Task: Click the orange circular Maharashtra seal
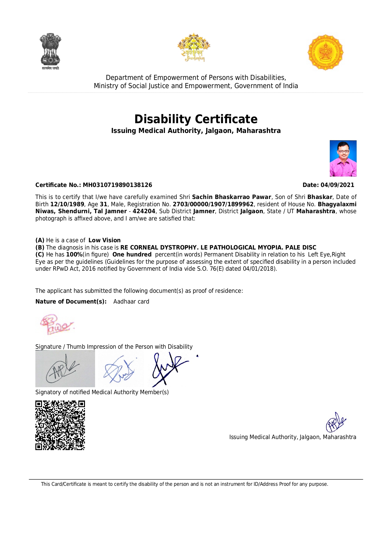point(325,52)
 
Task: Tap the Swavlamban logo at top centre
point(194,47)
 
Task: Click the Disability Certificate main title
point(196,119)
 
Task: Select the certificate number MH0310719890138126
point(117,185)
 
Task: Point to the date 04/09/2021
point(337,185)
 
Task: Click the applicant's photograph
point(343,158)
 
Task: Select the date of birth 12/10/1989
point(67,204)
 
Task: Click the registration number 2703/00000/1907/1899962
point(213,204)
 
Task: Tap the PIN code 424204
point(144,211)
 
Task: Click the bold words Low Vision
point(104,240)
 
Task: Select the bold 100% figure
point(74,255)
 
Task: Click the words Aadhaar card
point(131,302)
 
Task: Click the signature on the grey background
point(65,369)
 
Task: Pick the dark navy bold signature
point(169,369)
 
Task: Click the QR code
point(60,425)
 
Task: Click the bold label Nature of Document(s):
point(71,302)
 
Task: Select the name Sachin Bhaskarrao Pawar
point(232,197)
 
